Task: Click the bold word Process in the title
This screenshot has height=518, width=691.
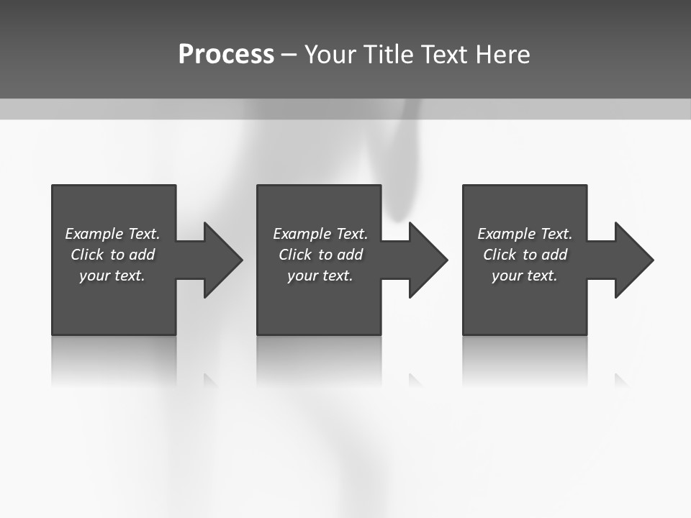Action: coord(226,55)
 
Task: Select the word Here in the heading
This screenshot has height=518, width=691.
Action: coord(502,55)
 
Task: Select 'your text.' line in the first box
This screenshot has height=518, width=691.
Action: coord(112,276)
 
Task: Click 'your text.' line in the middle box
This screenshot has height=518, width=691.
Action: coord(320,276)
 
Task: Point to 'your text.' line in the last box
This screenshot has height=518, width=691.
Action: coord(525,276)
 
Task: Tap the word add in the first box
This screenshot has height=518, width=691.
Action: coord(142,255)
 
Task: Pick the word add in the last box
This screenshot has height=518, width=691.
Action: coord(554,255)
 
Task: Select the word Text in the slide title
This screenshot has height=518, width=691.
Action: coord(443,55)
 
